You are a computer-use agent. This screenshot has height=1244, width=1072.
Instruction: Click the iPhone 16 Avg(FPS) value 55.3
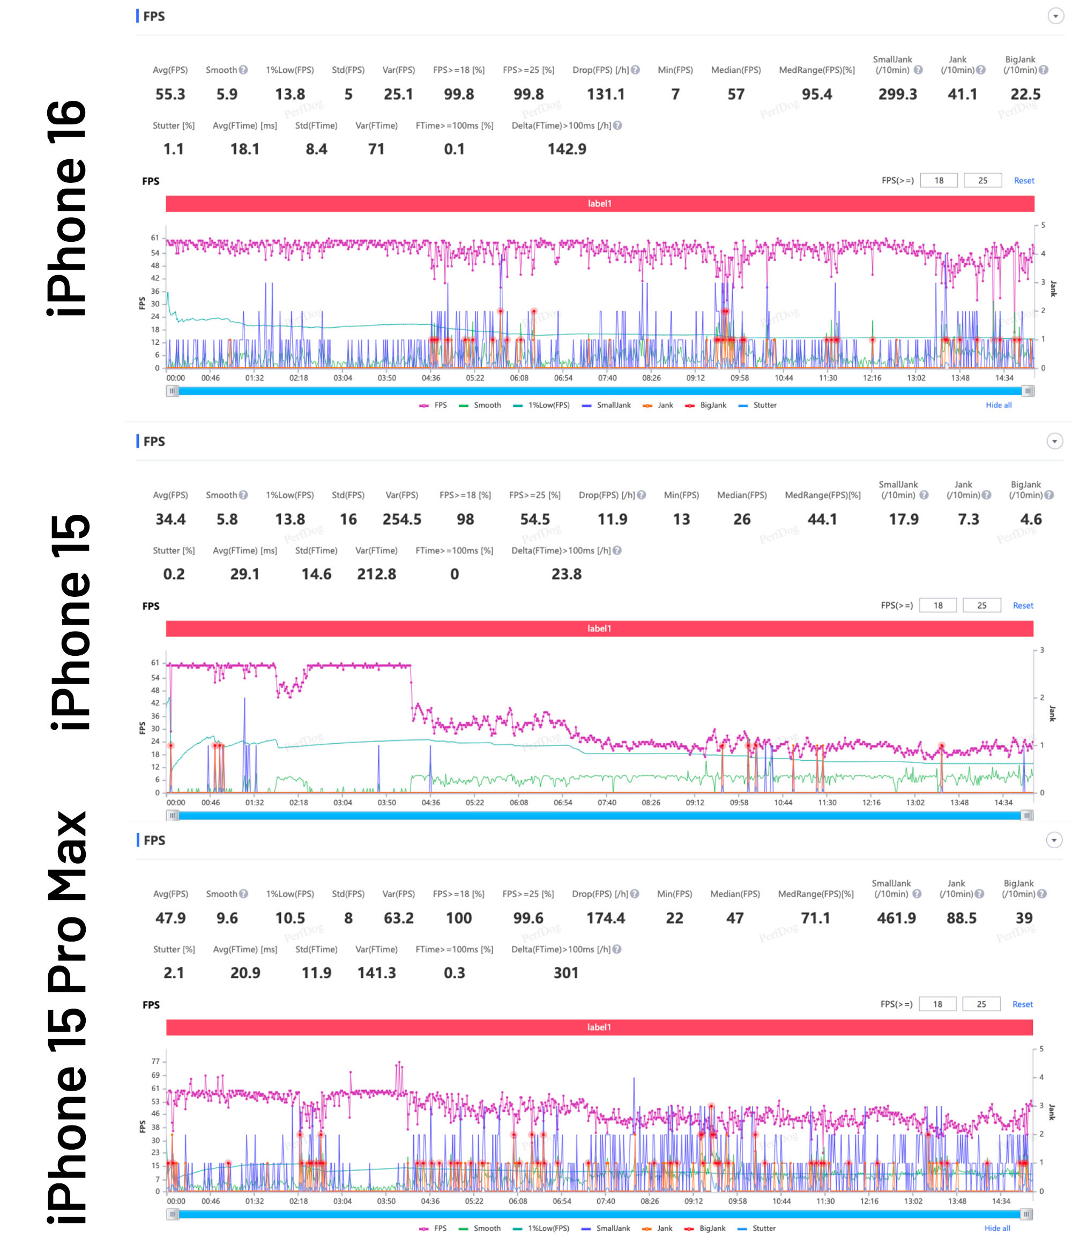pos(170,94)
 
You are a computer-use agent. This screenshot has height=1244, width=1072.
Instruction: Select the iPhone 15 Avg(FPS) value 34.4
pos(170,520)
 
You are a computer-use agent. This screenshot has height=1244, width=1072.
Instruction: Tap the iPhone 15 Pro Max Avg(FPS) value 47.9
pos(170,918)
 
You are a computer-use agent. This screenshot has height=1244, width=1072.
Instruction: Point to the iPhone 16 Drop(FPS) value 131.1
pos(605,94)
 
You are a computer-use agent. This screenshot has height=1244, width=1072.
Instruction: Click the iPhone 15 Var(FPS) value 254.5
pos(401,520)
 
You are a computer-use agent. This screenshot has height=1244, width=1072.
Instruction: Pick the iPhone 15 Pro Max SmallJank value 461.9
pos(896,918)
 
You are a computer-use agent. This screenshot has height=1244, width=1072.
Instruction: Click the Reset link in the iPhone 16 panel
pos(1023,181)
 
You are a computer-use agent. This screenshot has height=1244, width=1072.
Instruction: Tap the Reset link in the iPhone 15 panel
pos(1023,606)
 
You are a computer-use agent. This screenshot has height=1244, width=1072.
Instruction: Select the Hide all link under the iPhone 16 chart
pos(998,405)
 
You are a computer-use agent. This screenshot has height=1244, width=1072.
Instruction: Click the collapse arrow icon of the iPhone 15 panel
pos(1054,441)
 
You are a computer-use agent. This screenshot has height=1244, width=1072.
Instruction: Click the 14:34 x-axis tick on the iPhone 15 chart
pos(1003,803)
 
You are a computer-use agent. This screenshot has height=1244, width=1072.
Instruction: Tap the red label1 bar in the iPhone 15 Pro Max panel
pos(599,1027)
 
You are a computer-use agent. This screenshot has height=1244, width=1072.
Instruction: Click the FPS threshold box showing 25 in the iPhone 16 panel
pos(982,181)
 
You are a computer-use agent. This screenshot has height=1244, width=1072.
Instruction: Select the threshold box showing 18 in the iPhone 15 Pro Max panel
pos(937,1004)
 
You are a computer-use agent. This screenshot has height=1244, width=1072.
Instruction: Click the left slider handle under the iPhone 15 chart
pos(172,816)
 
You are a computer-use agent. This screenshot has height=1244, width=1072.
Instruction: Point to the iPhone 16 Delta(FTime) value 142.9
pos(566,150)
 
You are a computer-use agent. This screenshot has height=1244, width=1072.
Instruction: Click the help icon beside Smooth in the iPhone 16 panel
pos(243,70)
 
